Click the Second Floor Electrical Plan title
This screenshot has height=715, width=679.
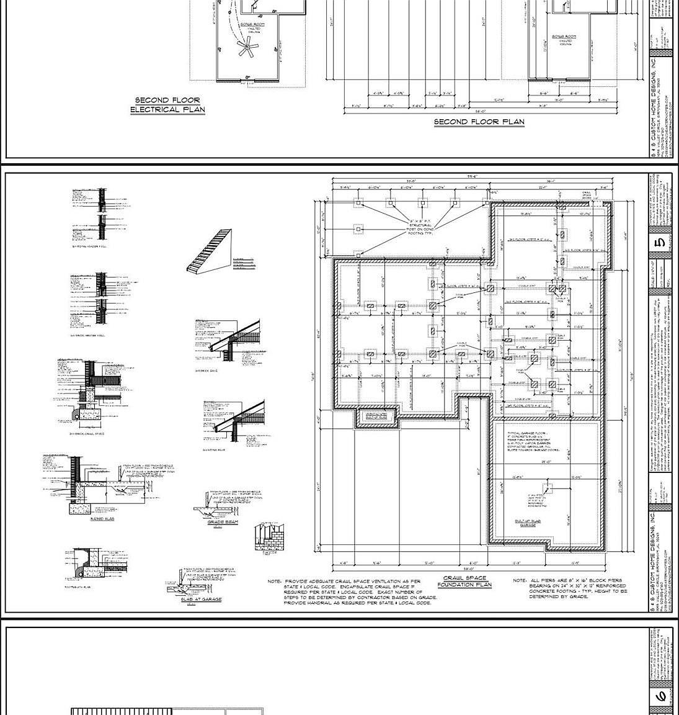coord(167,105)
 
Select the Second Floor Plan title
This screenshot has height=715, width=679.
coord(479,122)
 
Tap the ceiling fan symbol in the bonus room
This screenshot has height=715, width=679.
coord(247,47)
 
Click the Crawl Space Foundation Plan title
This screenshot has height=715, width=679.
coord(464,582)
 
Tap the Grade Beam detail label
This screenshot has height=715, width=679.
coord(223,523)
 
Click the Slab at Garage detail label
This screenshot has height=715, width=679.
coord(201,600)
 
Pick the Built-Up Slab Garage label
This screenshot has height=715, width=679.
coord(528,523)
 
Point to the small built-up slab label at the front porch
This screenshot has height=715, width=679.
coord(375,416)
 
